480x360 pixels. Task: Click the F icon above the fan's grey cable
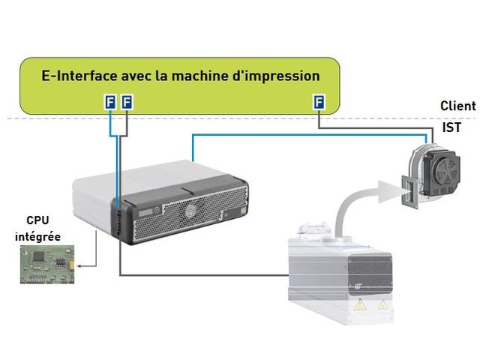(x=319, y=101)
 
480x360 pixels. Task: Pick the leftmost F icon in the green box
(x=110, y=101)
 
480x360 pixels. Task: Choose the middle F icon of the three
(x=126, y=101)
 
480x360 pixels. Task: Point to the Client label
(x=457, y=106)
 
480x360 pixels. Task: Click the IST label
(x=451, y=128)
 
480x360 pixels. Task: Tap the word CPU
(x=37, y=220)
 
